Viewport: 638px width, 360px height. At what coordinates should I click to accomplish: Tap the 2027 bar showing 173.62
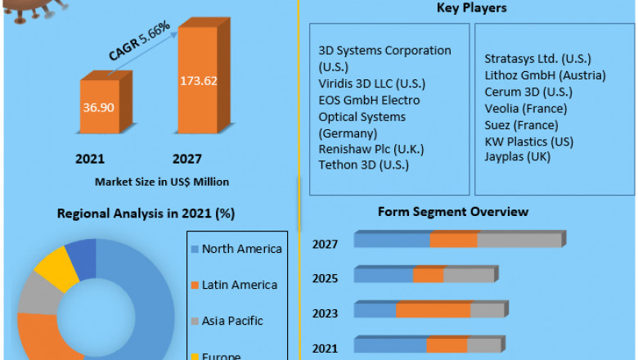tap(198, 81)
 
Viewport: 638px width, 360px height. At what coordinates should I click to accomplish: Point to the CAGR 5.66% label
tap(140, 41)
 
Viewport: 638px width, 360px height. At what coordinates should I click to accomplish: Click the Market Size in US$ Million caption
tap(161, 181)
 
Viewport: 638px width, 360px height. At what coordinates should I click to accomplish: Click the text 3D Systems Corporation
tap(384, 51)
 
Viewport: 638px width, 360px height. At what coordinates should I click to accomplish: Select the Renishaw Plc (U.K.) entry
tap(366, 150)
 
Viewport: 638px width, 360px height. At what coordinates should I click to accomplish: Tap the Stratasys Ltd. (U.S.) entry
tap(537, 59)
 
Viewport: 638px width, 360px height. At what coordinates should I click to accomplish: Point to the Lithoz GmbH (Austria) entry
tap(545, 75)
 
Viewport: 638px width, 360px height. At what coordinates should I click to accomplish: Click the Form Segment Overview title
tap(452, 212)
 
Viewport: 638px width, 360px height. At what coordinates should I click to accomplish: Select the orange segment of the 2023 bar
tap(433, 310)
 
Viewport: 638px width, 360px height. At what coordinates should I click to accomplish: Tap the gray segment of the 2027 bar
tap(519, 240)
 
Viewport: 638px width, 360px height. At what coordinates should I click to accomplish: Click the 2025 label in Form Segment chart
tap(326, 278)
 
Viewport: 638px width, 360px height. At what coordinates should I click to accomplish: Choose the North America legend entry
tap(241, 249)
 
